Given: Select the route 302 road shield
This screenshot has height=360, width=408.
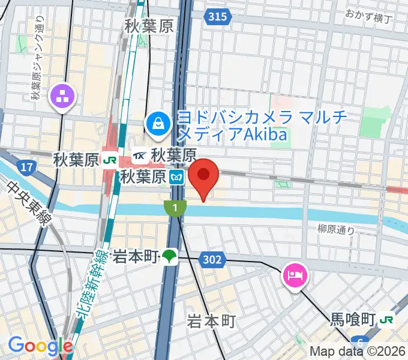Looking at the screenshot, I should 216,260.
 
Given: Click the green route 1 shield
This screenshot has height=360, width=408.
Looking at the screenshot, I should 173,208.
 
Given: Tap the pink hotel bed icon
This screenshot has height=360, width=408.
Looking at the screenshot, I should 295,275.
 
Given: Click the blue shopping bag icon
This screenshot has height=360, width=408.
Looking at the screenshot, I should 158,124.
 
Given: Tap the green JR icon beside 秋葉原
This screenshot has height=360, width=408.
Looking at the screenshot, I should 109,160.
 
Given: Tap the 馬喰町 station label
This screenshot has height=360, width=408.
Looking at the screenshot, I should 353,318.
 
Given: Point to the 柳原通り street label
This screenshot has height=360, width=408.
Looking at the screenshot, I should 336,229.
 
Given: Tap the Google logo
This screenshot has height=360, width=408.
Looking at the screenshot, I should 40,346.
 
